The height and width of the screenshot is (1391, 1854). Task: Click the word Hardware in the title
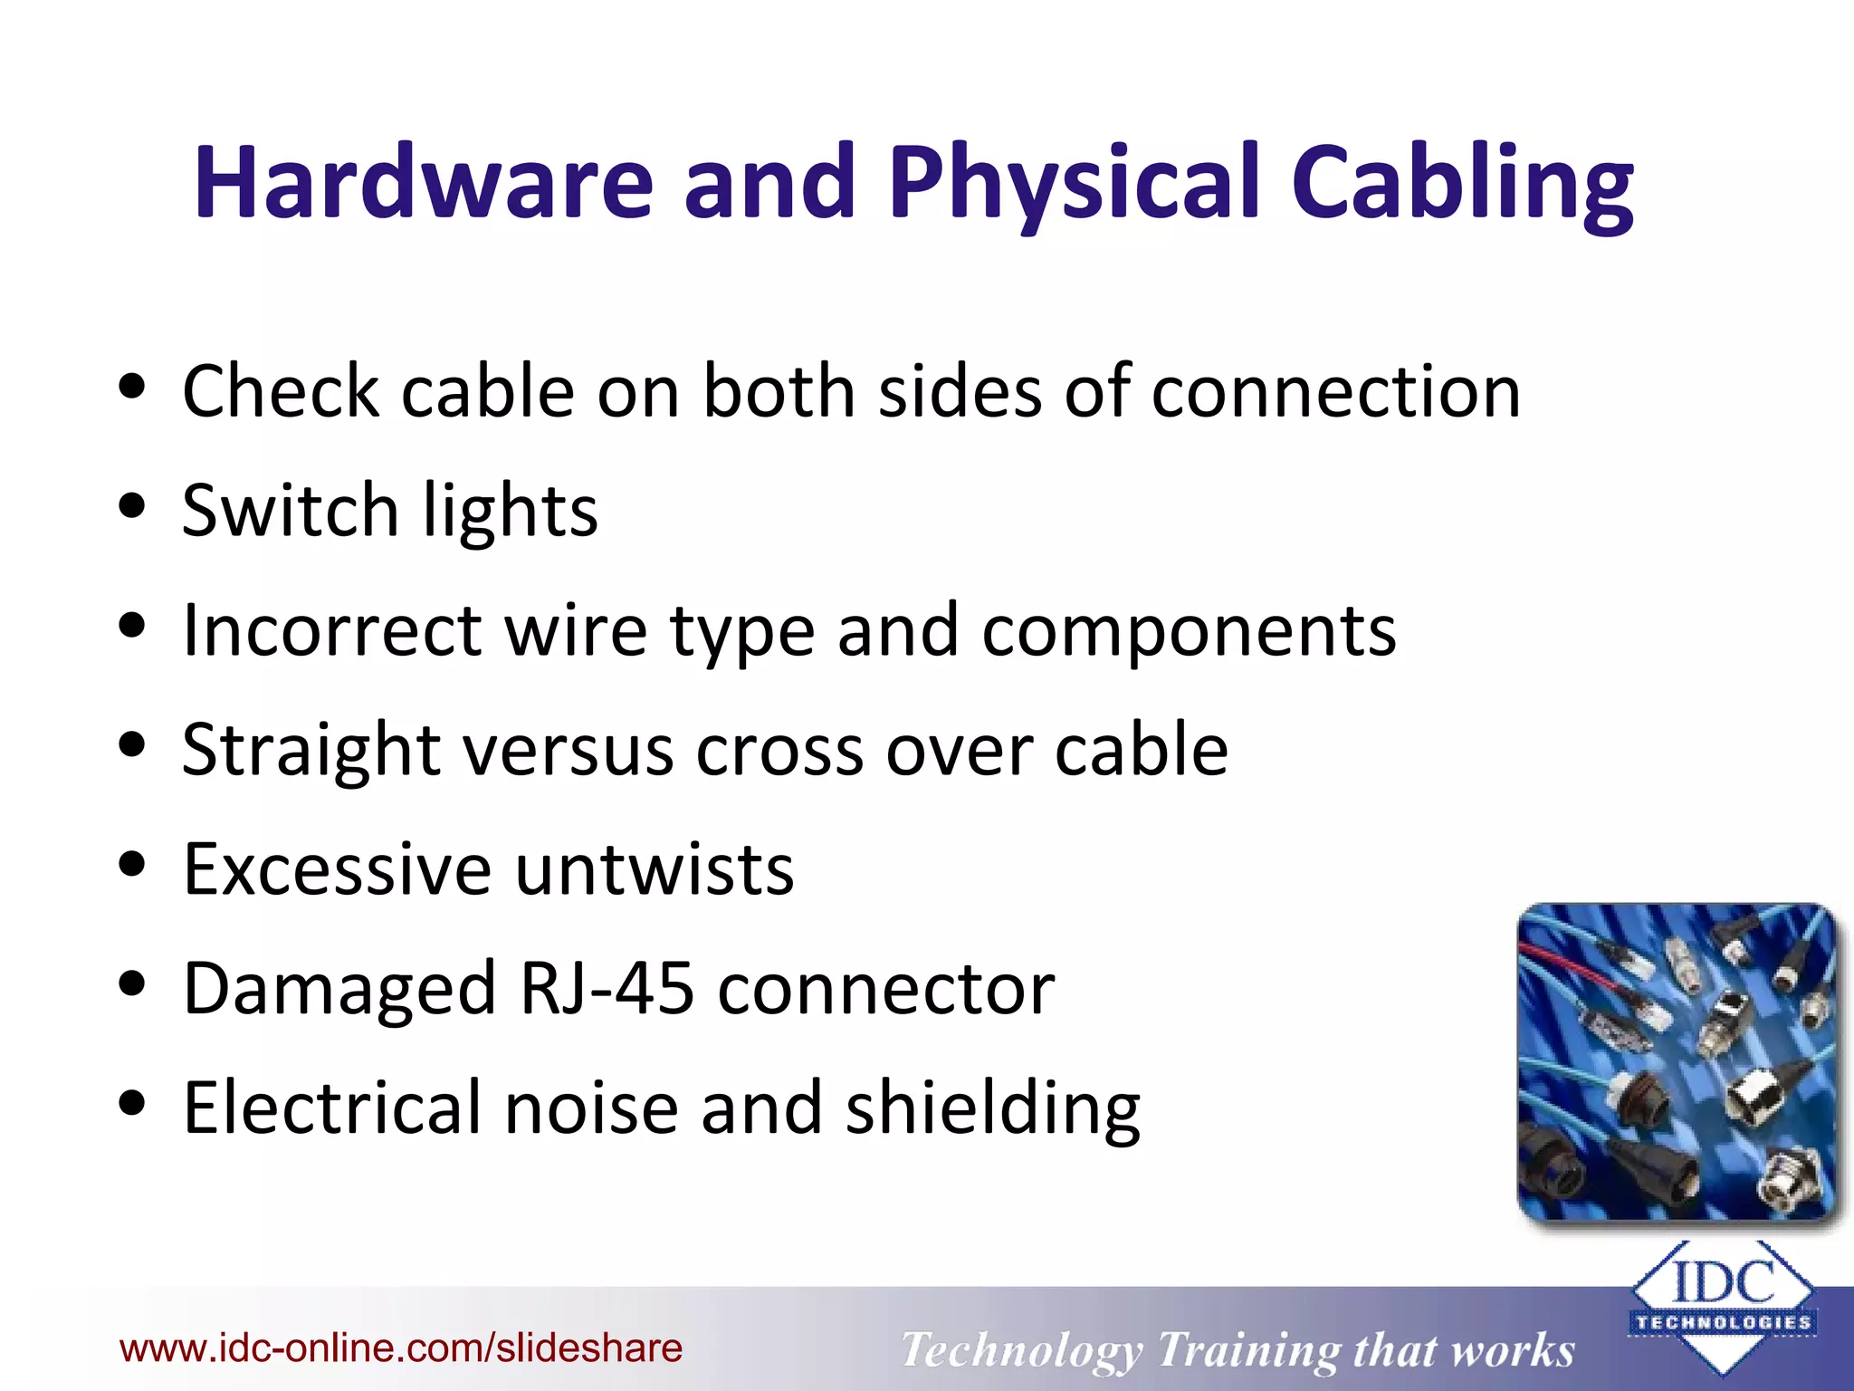coord(423,183)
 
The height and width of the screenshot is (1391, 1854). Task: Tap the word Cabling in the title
coord(1461,183)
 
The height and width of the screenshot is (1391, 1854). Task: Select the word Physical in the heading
coord(1074,183)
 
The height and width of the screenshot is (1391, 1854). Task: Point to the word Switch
coord(290,511)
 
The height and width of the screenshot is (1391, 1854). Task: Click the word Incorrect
coord(332,630)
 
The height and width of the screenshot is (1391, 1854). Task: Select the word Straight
coord(311,750)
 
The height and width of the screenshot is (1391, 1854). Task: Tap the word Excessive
coord(337,869)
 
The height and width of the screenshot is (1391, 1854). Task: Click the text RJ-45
coord(607,989)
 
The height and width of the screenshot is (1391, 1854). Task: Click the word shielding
coord(992,1108)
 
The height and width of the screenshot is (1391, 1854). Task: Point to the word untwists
coord(655,869)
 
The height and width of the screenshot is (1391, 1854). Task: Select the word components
coord(1189,630)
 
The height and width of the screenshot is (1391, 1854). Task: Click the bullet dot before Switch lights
coord(132,507)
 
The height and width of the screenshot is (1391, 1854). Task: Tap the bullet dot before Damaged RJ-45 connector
coord(132,985)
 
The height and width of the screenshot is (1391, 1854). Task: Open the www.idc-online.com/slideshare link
coord(401,1348)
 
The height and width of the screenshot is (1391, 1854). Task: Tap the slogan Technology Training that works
coord(1238,1350)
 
